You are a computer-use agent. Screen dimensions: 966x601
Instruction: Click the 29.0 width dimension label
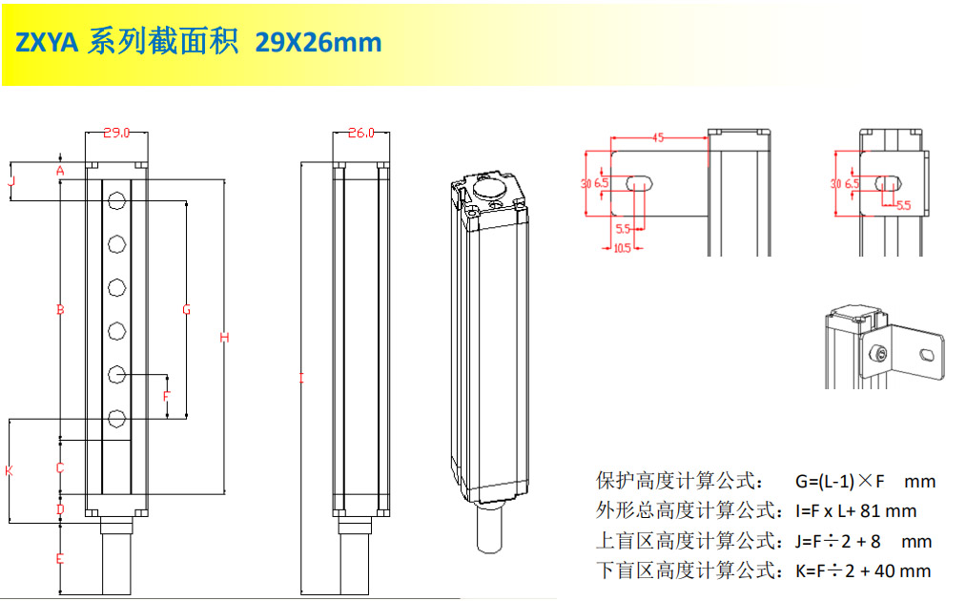point(116,133)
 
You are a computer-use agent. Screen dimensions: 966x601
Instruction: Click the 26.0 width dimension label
point(361,133)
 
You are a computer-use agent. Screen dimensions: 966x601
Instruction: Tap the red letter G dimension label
point(187,309)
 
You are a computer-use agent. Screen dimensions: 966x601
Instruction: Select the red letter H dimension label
point(224,337)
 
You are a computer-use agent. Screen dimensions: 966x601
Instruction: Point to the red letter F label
point(166,396)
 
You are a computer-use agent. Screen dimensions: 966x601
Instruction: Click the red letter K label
point(9,471)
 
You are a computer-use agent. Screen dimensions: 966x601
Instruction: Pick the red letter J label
point(11,182)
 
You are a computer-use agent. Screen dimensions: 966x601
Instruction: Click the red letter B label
point(60,309)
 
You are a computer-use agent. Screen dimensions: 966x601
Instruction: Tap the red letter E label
point(60,558)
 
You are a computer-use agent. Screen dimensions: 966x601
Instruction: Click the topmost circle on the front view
point(116,200)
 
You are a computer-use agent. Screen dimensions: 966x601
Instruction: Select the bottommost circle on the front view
point(116,419)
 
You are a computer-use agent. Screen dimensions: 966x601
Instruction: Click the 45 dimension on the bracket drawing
point(658,137)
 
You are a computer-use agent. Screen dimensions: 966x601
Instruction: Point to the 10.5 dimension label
point(623,248)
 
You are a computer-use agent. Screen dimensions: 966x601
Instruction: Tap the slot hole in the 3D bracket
point(927,355)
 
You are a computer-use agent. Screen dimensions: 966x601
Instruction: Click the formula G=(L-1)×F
point(840,481)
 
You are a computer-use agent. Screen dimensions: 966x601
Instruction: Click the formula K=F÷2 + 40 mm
point(862,570)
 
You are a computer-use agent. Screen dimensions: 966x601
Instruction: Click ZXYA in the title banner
point(47,43)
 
